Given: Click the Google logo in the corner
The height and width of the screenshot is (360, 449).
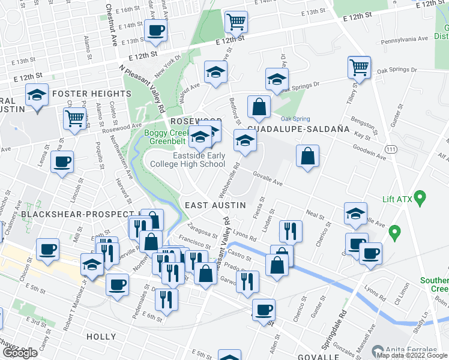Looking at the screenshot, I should point(20,353).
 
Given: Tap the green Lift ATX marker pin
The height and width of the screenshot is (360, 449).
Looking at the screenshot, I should point(420,196).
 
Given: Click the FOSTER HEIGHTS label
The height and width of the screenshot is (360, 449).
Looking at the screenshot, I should point(91,94).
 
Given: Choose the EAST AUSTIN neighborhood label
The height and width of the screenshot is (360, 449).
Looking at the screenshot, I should point(215,205).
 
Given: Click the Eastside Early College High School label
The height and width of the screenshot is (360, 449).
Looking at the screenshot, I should point(199,160).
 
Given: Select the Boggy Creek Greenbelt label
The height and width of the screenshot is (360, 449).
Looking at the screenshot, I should point(166,137).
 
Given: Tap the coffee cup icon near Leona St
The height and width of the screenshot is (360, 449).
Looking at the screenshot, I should point(62,161).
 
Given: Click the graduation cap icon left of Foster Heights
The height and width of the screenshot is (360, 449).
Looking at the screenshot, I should point(37,95).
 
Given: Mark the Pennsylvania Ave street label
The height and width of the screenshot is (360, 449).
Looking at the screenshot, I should point(404,38).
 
